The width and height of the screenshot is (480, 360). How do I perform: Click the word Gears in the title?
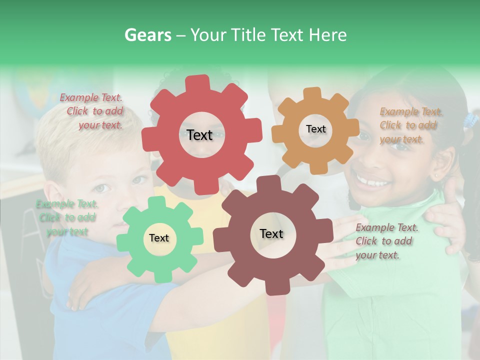click(x=147, y=35)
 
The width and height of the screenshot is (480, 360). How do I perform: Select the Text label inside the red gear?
click(x=199, y=135)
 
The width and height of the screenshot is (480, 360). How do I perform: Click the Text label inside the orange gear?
click(x=315, y=129)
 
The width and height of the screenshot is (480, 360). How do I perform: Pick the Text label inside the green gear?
click(x=159, y=238)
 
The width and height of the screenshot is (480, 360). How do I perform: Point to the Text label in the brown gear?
click(x=271, y=233)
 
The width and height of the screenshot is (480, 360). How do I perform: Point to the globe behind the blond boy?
click(x=27, y=92)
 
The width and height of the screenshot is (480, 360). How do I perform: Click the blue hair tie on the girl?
click(x=470, y=120)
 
